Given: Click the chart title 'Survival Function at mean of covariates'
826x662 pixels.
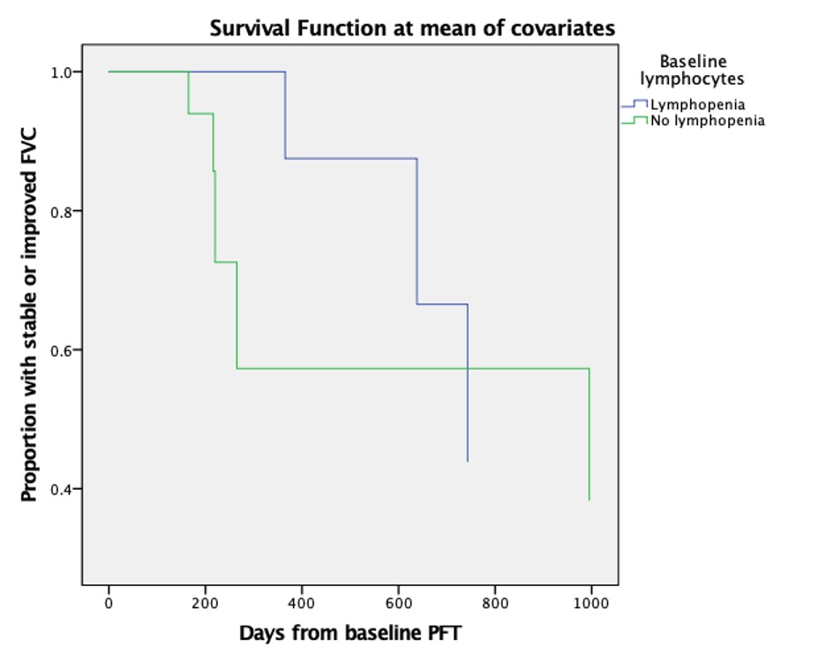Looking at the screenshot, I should pos(412,28).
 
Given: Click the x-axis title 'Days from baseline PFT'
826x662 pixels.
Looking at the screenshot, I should pos(349,633).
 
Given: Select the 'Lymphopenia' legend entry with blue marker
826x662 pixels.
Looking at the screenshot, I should pos(697,104).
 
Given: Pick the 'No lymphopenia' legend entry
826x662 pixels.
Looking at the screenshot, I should pos(707,121).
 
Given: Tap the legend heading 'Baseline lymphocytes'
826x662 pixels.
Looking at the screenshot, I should pos(693,70).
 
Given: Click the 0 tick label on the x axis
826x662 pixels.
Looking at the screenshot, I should pos(109,604).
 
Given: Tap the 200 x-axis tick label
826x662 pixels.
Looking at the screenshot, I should pos(205,604).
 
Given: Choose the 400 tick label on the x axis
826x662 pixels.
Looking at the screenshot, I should pos(301,604).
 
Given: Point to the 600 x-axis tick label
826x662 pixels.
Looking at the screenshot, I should pos(398,604).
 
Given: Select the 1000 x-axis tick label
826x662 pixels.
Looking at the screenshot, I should pos(590,604).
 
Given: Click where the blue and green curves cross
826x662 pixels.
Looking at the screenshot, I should pos(467,368).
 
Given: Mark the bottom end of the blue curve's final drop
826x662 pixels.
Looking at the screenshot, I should pos(467,461).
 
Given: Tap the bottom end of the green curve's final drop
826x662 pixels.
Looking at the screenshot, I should pos(589,500).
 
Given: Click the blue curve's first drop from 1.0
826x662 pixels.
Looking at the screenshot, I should pos(285,115).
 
